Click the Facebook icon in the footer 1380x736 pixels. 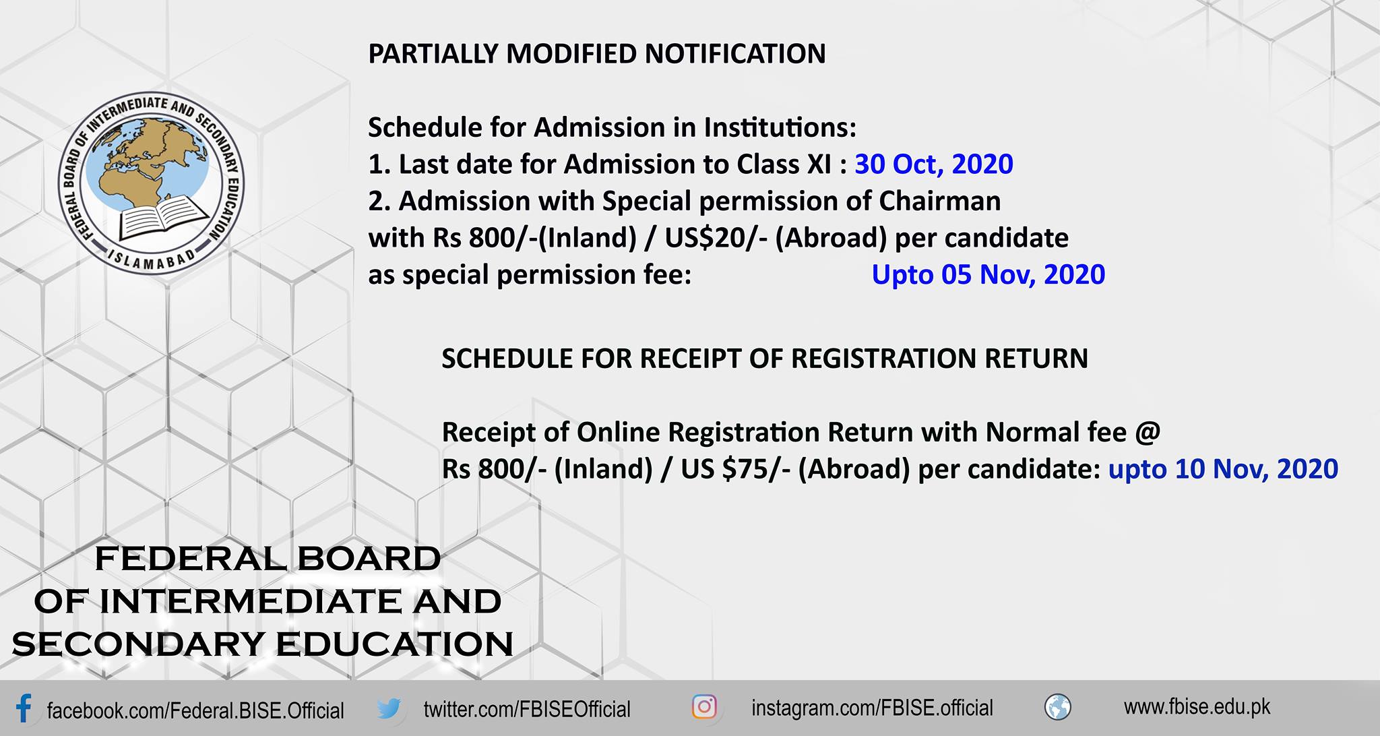[24, 709]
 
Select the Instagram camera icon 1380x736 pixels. [704, 707]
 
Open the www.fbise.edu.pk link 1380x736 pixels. [1197, 707]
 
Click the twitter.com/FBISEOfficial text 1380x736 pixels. [527, 709]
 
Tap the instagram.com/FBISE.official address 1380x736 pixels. [872, 708]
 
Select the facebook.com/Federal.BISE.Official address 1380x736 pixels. [195, 710]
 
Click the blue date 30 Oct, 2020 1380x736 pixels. [934, 164]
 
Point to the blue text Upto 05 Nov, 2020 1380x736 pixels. [989, 275]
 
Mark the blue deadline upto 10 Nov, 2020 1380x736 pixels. [1223, 469]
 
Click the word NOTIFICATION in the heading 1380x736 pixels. [735, 54]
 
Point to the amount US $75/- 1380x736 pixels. [736, 469]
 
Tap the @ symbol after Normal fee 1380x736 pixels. [1148, 432]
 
